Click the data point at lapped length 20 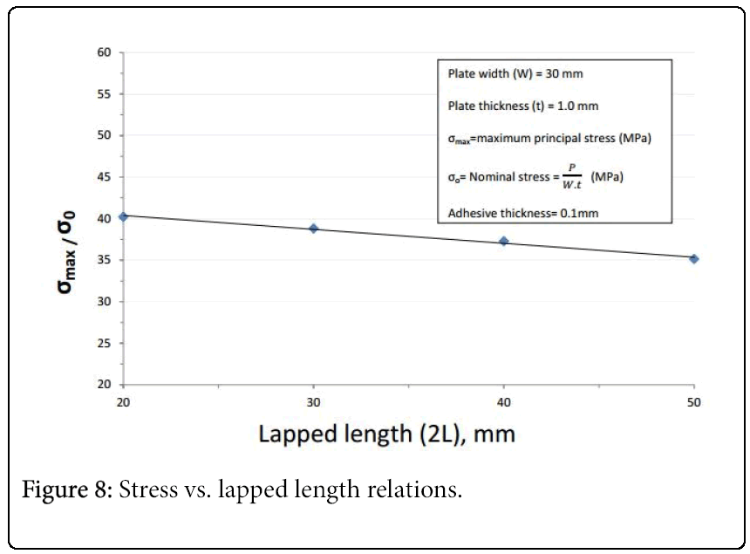(124, 216)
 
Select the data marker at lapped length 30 (314, 229)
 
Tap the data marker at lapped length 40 (504, 241)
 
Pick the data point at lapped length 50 (694, 258)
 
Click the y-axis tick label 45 (105, 177)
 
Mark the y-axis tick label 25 (105, 343)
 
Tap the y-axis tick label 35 (105, 260)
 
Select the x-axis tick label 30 (314, 402)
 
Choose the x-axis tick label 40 (504, 402)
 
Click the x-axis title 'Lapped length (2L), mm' (386, 434)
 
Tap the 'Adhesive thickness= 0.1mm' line (522, 212)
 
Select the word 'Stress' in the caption (145, 489)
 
